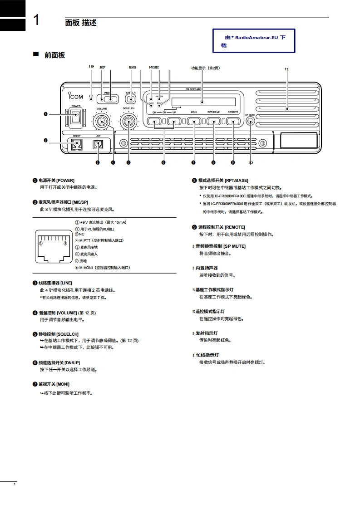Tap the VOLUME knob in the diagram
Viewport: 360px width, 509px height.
tap(102, 121)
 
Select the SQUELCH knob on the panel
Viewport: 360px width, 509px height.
tap(128, 121)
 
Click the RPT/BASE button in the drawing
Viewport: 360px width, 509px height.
tap(213, 121)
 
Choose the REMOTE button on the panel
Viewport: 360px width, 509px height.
tap(233, 121)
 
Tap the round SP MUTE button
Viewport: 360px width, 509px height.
tap(250, 121)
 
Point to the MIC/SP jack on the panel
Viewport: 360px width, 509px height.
tap(75, 145)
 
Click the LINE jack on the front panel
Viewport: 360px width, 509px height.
tap(98, 145)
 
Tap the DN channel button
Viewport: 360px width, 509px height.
tap(154, 121)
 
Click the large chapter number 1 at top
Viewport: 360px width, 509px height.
tap(38, 21)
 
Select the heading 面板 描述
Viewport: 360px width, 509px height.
tap(81, 23)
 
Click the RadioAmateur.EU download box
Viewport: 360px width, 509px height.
tap(254, 41)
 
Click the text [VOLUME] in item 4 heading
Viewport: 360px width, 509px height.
tap(67, 313)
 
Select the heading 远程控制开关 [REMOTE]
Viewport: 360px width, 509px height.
tap(222, 227)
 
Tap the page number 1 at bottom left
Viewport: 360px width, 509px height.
tap(15, 485)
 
